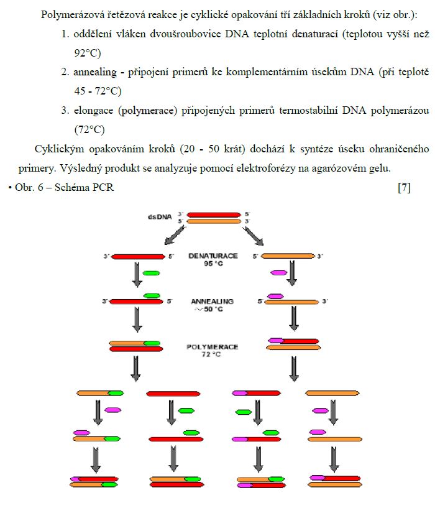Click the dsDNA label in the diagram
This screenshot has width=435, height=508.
[160, 217]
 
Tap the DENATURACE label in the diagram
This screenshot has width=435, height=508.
[213, 256]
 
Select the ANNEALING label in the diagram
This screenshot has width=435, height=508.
[212, 302]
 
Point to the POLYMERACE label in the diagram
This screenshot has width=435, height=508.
[213, 347]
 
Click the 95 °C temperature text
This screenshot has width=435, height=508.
[213, 264]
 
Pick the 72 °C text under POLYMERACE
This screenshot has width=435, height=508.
[211, 354]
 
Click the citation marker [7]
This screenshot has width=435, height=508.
[404, 187]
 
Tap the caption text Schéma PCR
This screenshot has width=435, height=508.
[85, 187]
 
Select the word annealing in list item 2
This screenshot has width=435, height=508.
[95, 72]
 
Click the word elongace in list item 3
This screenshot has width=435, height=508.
[94, 111]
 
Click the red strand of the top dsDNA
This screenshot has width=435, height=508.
[214, 215]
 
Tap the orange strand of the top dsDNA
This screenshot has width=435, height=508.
[214, 221]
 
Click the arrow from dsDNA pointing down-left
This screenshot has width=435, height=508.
[175, 235]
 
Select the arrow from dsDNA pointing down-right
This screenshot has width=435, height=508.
[254, 236]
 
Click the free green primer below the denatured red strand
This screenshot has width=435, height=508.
[151, 273]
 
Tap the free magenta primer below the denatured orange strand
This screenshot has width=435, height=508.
[279, 272]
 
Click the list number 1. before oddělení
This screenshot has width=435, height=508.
[65, 34]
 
